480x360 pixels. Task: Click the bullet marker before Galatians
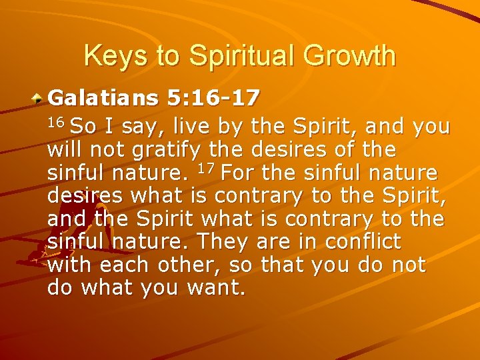[x=40, y=98]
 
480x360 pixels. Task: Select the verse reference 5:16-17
[x=213, y=99]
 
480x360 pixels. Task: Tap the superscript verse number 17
[x=207, y=171]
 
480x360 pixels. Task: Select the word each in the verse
[x=124, y=266]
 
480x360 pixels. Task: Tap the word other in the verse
[x=188, y=266]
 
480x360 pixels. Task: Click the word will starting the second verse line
[x=67, y=150]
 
